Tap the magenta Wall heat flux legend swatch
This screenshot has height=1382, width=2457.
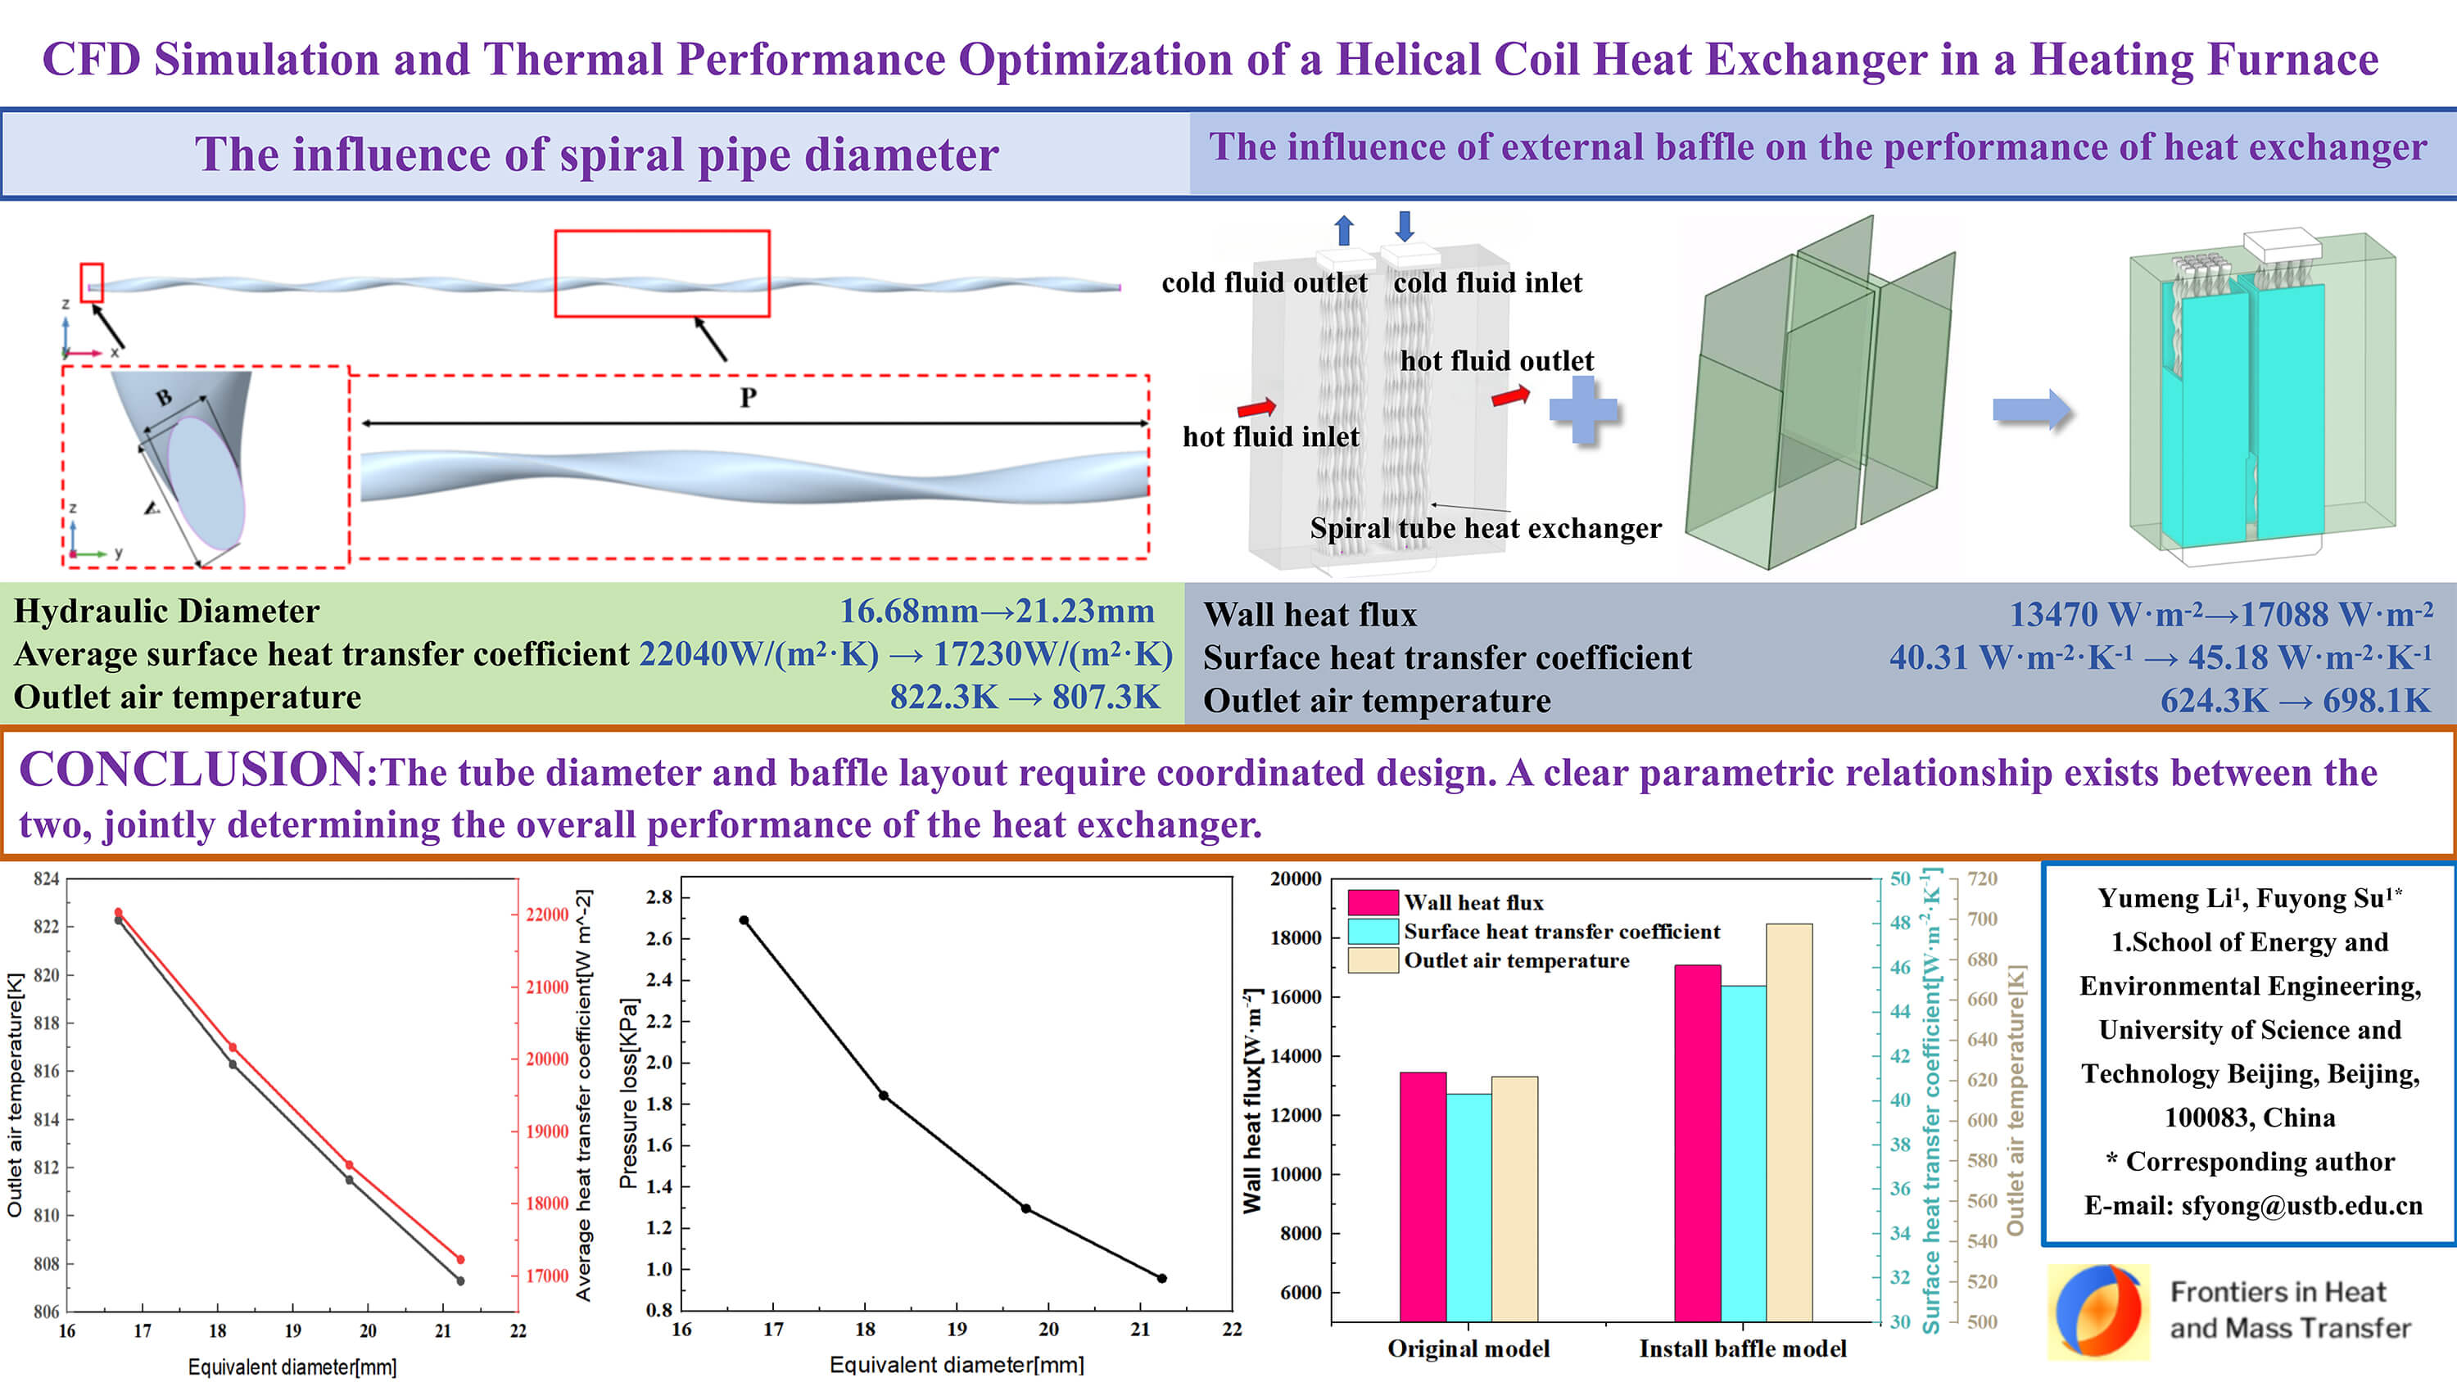pyautogui.click(x=1373, y=902)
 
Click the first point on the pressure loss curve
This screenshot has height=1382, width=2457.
pyautogui.click(x=744, y=920)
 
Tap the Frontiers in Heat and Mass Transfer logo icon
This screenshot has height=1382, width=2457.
pyautogui.click(x=2097, y=1312)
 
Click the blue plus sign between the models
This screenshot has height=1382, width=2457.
pyautogui.click(x=1583, y=410)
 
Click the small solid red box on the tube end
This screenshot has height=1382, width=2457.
pyautogui.click(x=92, y=282)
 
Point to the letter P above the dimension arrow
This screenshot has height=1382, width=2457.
pyautogui.click(x=748, y=398)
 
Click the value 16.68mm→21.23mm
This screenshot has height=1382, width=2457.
pyautogui.click(x=996, y=612)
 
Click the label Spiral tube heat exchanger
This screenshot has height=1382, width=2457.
pyautogui.click(x=1484, y=528)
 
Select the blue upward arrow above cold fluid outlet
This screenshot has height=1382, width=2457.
pyautogui.click(x=1344, y=230)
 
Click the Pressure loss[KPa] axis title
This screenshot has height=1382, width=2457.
pyautogui.click(x=627, y=1093)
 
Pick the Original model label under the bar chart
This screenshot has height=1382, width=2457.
pyautogui.click(x=1468, y=1348)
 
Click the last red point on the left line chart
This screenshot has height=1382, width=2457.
pyautogui.click(x=460, y=1260)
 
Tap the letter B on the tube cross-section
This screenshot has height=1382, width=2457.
pyautogui.click(x=164, y=398)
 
